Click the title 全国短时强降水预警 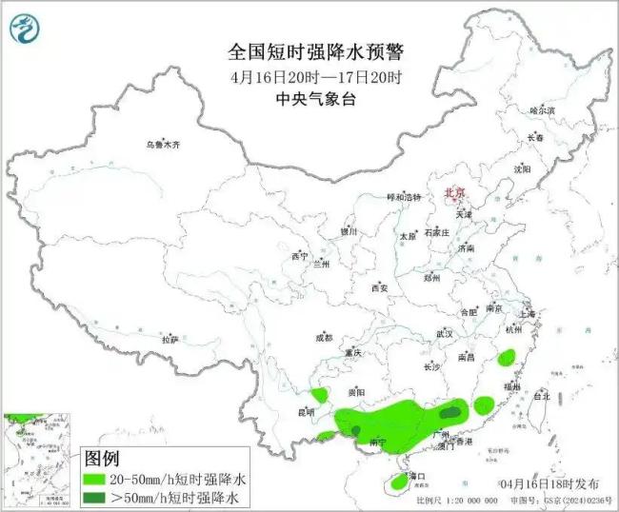[x=303, y=51]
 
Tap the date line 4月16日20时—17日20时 [x=303, y=76]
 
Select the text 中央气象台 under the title [x=303, y=98]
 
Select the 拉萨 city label [x=170, y=340]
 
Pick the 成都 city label [x=323, y=338]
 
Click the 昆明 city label [x=306, y=412]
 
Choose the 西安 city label [x=380, y=287]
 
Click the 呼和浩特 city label [x=402, y=197]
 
